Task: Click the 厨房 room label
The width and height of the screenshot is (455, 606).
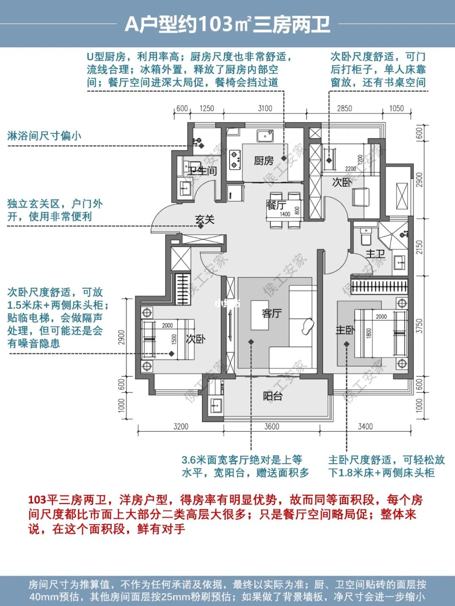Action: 264,160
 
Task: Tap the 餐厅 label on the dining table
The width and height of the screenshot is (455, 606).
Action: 276,205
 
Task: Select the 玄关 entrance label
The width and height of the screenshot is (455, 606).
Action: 205,219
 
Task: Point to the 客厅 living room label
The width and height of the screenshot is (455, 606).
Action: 272,313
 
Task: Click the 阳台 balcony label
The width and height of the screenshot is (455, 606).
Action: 273,396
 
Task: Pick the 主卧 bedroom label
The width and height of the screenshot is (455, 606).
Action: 345,331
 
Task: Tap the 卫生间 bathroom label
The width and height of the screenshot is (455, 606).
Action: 202,171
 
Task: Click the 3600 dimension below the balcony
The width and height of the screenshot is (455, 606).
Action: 272,427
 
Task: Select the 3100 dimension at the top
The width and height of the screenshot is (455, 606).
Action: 265,109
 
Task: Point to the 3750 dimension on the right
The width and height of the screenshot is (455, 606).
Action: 419,326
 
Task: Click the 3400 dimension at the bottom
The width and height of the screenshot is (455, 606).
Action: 365,427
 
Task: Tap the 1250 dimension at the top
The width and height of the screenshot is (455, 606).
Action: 206,109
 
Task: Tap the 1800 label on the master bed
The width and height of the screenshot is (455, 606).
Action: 369,333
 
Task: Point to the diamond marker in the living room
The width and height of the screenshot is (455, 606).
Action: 251,342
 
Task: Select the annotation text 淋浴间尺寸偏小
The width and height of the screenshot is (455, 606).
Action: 44,136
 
